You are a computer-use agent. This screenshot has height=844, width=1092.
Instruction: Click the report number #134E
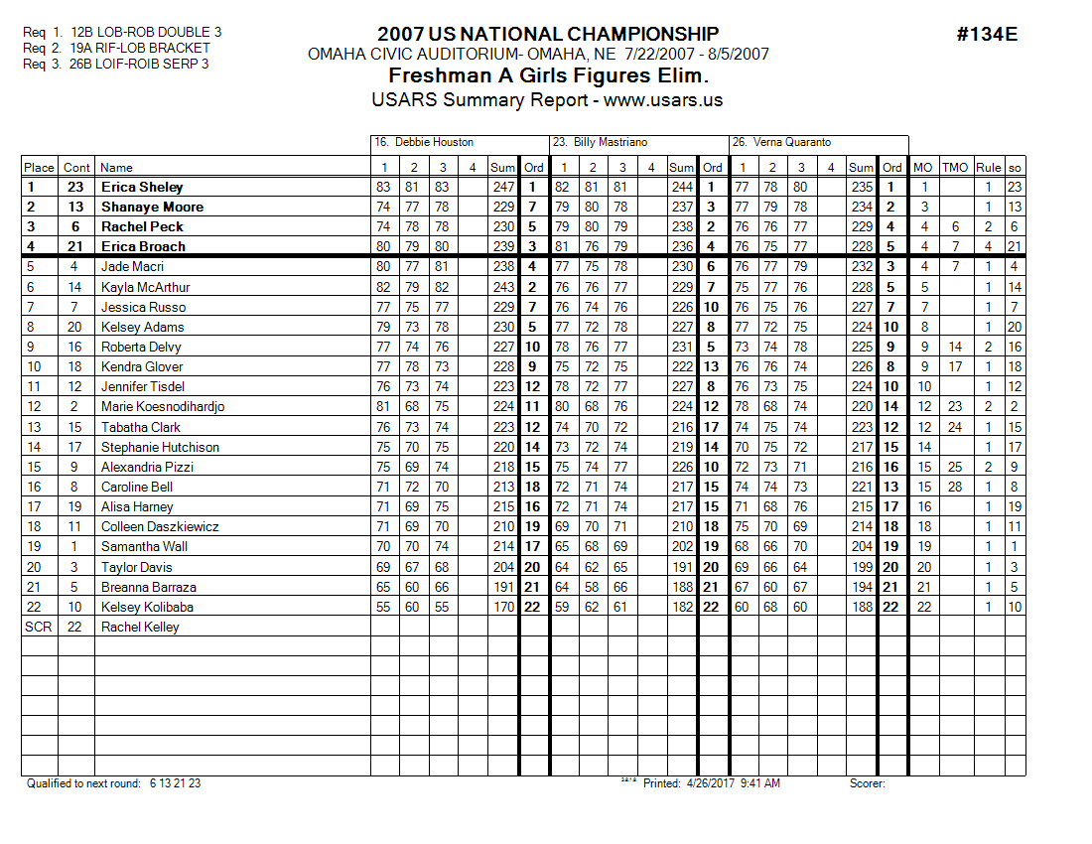click(x=987, y=35)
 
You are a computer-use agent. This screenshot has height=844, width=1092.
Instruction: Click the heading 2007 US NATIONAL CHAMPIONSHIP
click(x=548, y=35)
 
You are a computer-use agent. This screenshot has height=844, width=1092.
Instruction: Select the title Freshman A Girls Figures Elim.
click(x=548, y=76)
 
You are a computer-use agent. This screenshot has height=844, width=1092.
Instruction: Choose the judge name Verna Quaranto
click(x=793, y=142)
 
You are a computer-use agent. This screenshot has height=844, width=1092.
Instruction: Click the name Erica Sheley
click(x=142, y=187)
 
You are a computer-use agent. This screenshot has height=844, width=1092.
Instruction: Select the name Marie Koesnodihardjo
click(x=163, y=407)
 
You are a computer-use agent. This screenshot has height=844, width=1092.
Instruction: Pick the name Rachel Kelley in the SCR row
click(x=140, y=627)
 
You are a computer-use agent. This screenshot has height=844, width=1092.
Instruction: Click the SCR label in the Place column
click(x=38, y=627)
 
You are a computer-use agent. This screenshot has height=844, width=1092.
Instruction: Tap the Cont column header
click(x=76, y=167)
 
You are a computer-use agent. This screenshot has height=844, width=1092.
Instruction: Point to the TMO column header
click(x=954, y=167)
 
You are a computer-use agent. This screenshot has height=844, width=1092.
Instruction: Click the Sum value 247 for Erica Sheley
click(x=503, y=187)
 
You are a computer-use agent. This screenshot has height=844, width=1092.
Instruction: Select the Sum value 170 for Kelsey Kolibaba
click(x=503, y=607)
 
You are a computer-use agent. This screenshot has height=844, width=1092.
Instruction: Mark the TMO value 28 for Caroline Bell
click(x=955, y=487)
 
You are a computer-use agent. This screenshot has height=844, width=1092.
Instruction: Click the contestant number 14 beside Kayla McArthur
click(x=75, y=287)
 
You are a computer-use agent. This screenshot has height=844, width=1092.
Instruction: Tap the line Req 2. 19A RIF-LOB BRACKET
click(x=116, y=48)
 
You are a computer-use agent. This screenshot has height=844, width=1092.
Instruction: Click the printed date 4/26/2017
click(x=712, y=783)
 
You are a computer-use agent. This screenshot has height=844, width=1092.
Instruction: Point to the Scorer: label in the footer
click(x=867, y=783)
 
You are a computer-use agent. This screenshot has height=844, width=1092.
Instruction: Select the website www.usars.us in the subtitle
click(x=663, y=99)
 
